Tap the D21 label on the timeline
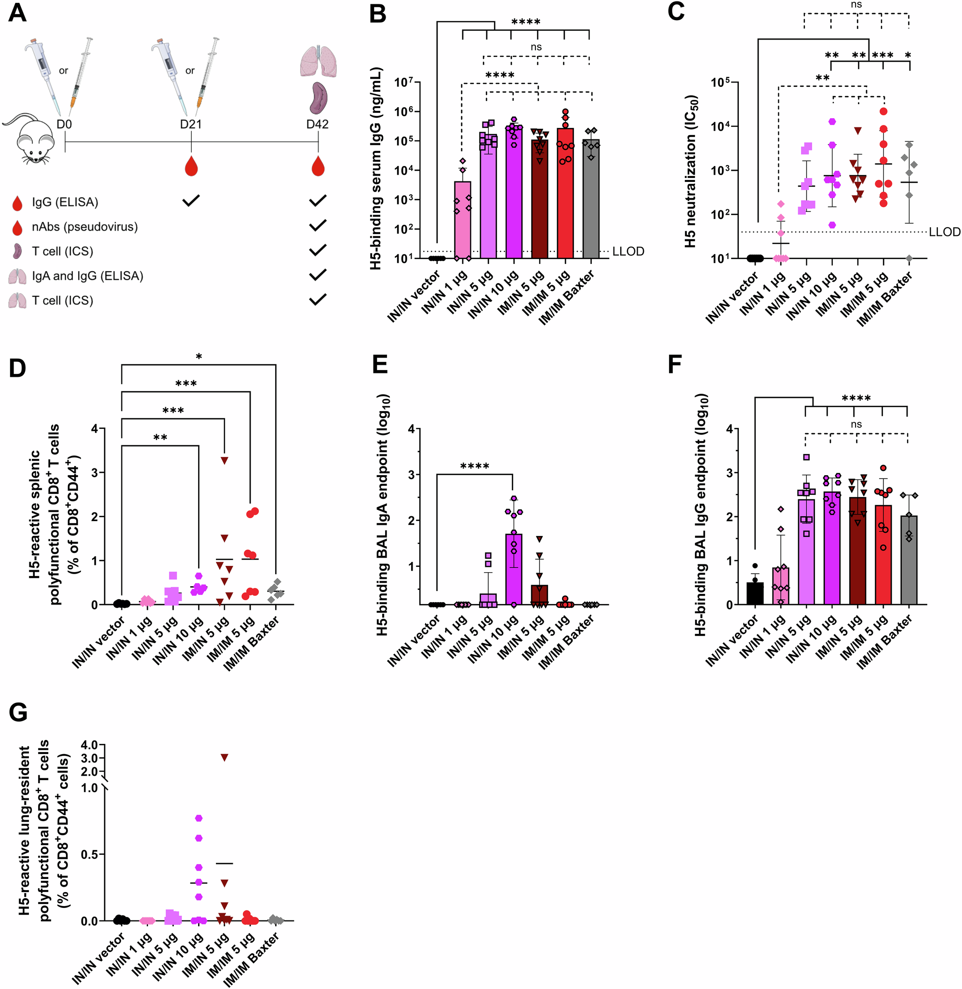click(x=190, y=124)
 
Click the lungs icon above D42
click(x=318, y=61)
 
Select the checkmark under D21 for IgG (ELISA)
click(x=191, y=201)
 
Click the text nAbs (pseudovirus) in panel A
click(x=84, y=227)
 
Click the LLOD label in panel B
click(x=628, y=251)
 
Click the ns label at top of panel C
click(x=856, y=4)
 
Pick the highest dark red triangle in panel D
click(x=224, y=460)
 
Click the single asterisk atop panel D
click(x=199, y=357)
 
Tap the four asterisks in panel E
click(x=474, y=466)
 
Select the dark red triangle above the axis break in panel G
click(x=224, y=757)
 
